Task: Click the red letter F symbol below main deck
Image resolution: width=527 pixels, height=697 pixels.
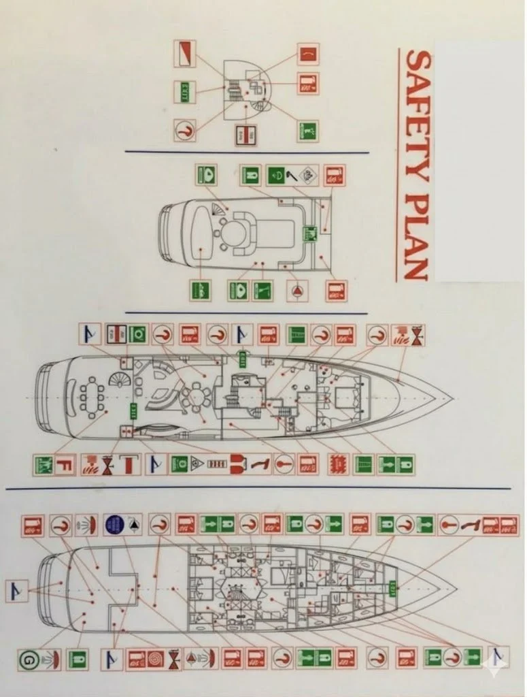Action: [64, 466]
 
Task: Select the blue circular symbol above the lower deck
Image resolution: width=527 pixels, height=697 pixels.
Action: [114, 525]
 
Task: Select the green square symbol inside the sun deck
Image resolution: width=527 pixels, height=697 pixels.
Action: [310, 233]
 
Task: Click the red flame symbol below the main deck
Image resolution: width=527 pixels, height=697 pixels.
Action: [337, 464]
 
